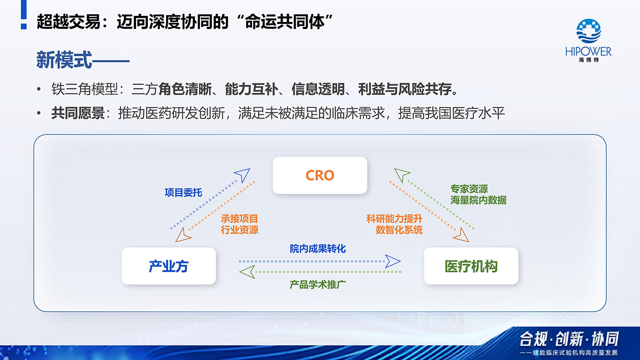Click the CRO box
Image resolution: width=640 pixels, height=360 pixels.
point(320,175)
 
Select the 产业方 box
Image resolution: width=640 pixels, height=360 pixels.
point(169,266)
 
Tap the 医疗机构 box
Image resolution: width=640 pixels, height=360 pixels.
point(471,266)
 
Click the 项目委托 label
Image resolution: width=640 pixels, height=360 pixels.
point(183,192)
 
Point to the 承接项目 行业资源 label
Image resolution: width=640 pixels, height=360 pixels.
point(239,224)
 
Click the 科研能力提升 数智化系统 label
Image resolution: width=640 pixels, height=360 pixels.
point(394,224)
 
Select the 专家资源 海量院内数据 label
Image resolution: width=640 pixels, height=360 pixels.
point(478,194)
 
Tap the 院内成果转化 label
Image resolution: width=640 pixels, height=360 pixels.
point(318,249)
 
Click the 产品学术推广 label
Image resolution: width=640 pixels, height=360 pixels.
point(318,285)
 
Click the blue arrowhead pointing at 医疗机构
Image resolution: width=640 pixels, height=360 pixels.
point(393,261)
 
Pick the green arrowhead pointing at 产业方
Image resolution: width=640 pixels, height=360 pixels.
point(247,272)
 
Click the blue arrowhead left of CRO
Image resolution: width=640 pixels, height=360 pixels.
point(242,174)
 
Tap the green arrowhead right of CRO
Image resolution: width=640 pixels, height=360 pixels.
point(402,174)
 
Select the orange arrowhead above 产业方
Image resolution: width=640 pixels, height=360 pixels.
point(182,236)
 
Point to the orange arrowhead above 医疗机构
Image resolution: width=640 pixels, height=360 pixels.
point(461,236)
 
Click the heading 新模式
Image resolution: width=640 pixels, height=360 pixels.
point(64,60)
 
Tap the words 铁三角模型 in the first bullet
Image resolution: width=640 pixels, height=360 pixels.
point(85,89)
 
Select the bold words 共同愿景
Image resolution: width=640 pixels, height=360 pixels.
point(78,113)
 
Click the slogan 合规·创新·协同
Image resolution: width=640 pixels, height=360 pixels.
point(569,339)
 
